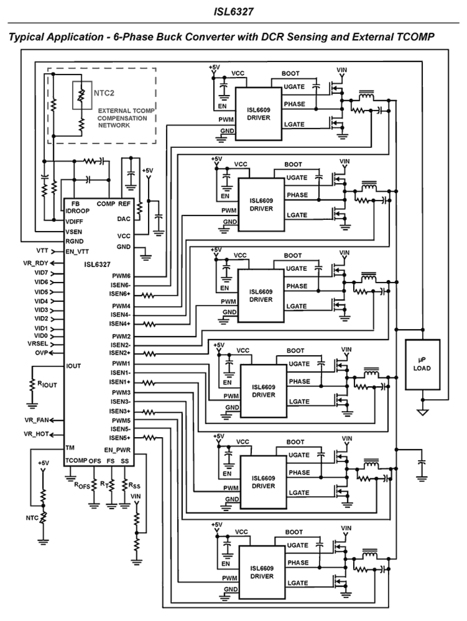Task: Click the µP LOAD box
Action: click(422, 364)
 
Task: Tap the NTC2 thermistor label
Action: click(104, 93)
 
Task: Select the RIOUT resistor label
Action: click(47, 385)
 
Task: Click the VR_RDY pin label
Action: click(36, 263)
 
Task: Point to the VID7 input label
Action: click(41, 273)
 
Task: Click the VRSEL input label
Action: click(38, 344)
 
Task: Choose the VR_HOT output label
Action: click(36, 434)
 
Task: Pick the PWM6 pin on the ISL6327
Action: click(121, 276)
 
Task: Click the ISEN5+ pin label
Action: click(120, 438)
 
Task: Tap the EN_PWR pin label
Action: click(117, 450)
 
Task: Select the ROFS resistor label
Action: click(82, 485)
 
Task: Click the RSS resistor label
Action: click(134, 485)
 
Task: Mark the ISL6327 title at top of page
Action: click(233, 12)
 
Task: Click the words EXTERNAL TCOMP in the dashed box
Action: click(126, 111)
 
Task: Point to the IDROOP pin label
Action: click(77, 211)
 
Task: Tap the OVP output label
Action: click(42, 352)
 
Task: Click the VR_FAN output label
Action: click(36, 420)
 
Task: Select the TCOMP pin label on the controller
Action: click(76, 461)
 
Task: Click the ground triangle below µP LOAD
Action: click(423, 412)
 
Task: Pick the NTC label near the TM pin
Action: click(32, 518)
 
